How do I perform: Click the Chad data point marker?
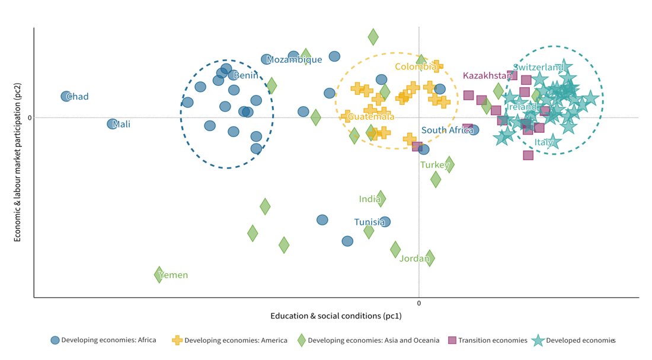(66, 96)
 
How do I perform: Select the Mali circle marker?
(112, 124)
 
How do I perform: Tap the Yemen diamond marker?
(159, 275)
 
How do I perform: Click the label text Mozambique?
(294, 59)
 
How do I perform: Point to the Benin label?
(245, 75)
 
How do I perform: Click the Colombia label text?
(416, 66)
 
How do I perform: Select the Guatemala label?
(371, 116)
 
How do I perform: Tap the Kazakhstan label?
(487, 75)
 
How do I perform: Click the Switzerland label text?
(538, 67)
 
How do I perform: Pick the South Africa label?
(447, 130)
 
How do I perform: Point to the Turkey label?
(434, 164)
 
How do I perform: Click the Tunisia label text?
(369, 222)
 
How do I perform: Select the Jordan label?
(414, 258)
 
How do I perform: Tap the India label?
(369, 199)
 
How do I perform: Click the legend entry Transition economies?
(492, 340)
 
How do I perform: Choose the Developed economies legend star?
(538, 340)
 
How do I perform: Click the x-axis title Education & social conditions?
(335, 316)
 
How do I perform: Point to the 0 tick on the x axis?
(419, 303)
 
